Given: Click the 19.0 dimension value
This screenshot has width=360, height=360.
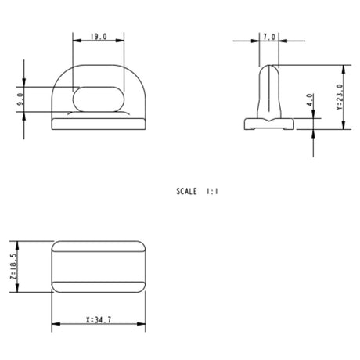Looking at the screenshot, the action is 99,37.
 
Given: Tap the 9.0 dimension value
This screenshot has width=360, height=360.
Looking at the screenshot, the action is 20,99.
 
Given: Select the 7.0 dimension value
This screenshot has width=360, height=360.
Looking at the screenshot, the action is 269,37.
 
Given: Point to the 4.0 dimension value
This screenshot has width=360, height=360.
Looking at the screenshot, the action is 310,99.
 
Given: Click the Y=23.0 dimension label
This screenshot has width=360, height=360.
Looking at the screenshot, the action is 340,97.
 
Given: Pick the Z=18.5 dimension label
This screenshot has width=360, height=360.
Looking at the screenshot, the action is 13,267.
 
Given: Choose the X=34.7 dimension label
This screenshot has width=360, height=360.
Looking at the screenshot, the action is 99,319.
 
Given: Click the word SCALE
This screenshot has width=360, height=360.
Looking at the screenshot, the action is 186,192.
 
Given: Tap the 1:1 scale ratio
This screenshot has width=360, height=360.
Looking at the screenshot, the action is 212,192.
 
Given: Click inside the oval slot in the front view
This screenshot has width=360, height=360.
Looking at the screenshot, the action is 99,99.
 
